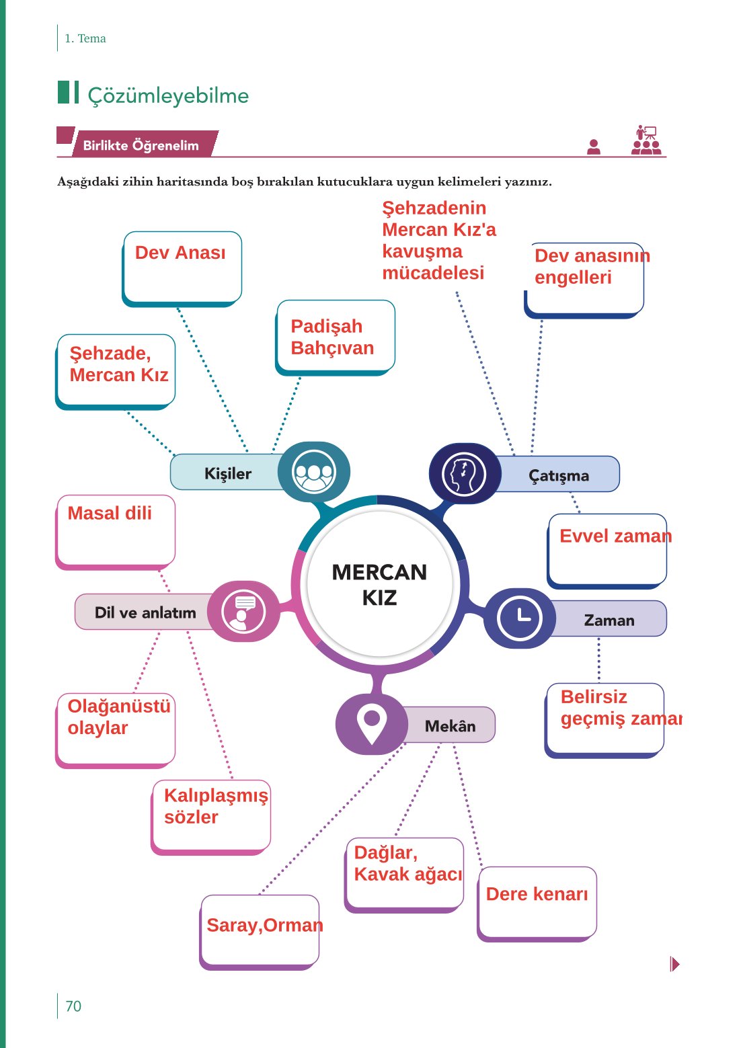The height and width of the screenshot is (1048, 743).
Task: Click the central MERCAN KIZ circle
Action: pyautogui.click(x=379, y=584)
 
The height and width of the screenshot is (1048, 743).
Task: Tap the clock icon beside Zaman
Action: pyautogui.click(x=519, y=618)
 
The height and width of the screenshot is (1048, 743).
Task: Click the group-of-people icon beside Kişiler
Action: pyautogui.click(x=313, y=472)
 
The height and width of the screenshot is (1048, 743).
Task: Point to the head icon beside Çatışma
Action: pyautogui.click(x=463, y=474)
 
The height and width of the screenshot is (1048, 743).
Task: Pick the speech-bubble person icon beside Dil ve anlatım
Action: pyautogui.click(x=243, y=612)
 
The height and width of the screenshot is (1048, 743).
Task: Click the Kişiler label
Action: pyautogui.click(x=227, y=473)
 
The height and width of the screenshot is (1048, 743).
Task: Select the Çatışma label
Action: pyautogui.click(x=558, y=475)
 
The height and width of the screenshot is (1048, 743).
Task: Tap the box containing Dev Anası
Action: pyautogui.click(x=182, y=267)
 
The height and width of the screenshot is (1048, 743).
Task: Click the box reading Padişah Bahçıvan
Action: pyautogui.click(x=335, y=336)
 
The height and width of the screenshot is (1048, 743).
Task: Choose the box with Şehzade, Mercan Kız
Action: pyautogui.click(x=116, y=369)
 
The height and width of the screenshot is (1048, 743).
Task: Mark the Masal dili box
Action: pyautogui.click(x=116, y=531)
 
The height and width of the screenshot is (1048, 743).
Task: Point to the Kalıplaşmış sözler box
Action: pyautogui.click(x=211, y=815)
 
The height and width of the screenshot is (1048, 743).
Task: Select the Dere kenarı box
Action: pyautogui.click(x=537, y=901)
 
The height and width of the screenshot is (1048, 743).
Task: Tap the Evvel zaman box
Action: pyautogui.click(x=608, y=549)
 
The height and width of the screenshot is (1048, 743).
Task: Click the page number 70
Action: pyautogui.click(x=73, y=1006)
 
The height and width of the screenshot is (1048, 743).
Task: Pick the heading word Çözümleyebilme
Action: pyautogui.click(x=168, y=95)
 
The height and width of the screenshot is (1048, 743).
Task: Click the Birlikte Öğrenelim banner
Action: pyautogui.click(x=141, y=145)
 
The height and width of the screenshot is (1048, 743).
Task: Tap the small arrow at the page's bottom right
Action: pyautogui.click(x=675, y=964)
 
